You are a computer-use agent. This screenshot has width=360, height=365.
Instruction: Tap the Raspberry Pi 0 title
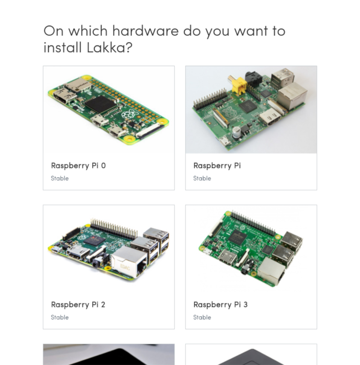click(x=78, y=166)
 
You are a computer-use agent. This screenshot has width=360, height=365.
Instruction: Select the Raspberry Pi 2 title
click(x=78, y=304)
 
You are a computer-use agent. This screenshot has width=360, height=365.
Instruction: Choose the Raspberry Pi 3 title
click(x=220, y=304)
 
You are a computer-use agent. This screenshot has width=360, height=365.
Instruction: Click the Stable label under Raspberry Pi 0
click(x=60, y=178)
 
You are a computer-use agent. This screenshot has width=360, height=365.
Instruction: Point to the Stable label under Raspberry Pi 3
click(x=202, y=317)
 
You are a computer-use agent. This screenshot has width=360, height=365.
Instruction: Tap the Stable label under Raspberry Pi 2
click(x=60, y=317)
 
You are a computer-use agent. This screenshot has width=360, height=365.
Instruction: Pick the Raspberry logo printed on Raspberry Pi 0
click(x=127, y=114)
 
